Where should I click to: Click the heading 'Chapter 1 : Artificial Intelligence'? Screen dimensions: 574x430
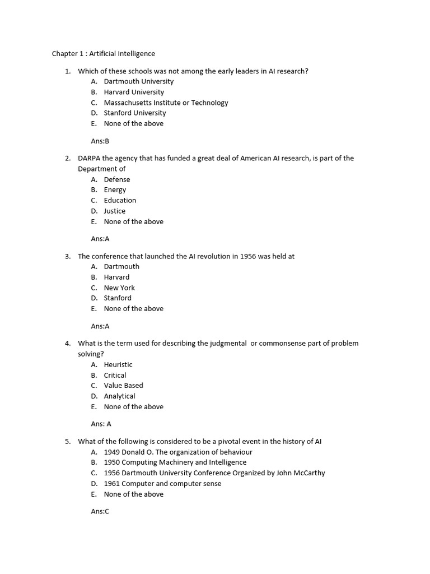pos(104,54)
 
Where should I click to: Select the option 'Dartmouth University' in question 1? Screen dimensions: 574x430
pos(139,81)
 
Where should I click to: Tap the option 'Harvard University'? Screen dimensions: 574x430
pos(134,92)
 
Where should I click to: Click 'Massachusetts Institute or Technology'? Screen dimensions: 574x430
pos(166,103)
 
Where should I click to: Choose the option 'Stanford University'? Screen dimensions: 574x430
pos(135,113)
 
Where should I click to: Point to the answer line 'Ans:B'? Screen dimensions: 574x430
pos(100,141)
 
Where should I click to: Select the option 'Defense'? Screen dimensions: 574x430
pos(116,179)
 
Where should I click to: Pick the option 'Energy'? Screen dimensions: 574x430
pos(115,189)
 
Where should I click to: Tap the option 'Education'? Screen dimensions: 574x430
pos(120,200)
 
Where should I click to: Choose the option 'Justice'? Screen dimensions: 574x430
pos(114,211)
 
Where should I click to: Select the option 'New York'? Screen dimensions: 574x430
pos(119,288)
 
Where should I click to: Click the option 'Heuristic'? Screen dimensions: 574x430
pos(118,364)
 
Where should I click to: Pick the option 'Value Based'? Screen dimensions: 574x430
pos(123,385)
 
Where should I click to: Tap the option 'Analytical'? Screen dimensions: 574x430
pos(119,396)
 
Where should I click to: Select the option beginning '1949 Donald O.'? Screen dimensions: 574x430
pos(178,452)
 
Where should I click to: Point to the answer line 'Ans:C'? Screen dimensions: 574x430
pos(100,511)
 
